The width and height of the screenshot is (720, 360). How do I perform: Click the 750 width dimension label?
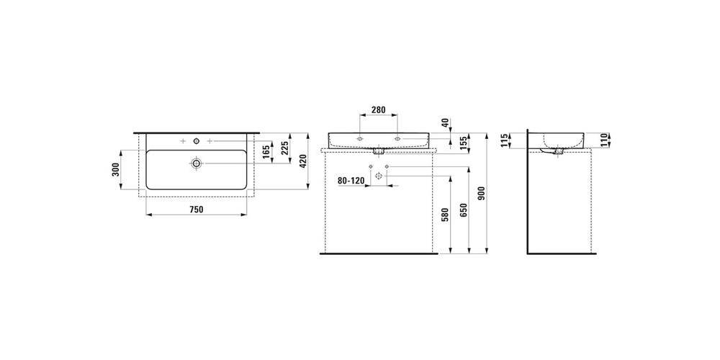pyautogui.click(x=196, y=210)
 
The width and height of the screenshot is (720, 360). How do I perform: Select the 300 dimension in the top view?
pyautogui.click(x=115, y=170)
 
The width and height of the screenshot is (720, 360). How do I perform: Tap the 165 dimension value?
pyautogui.click(x=266, y=153)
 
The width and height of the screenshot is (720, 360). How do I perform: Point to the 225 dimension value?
pyautogui.click(x=284, y=148)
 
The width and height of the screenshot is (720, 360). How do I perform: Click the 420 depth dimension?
pyautogui.click(x=302, y=161)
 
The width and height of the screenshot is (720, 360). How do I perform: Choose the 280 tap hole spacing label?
pyautogui.click(x=378, y=110)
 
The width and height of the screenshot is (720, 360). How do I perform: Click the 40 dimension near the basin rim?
pyautogui.click(x=444, y=122)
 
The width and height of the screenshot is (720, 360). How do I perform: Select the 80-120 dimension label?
pyautogui.click(x=351, y=181)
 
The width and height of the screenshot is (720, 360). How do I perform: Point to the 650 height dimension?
pyautogui.click(x=463, y=211)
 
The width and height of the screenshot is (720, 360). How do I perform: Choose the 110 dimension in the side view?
pyautogui.click(x=604, y=139)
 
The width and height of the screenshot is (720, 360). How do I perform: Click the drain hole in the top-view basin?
pyautogui.click(x=197, y=163)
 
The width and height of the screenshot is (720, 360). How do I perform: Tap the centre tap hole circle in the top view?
pyautogui.click(x=197, y=141)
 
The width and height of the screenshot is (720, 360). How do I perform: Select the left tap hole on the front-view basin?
pyautogui.click(x=359, y=138)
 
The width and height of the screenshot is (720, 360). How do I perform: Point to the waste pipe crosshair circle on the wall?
pyautogui.click(x=379, y=176)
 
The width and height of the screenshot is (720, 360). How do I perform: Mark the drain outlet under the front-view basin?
pyautogui.click(x=379, y=150)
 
